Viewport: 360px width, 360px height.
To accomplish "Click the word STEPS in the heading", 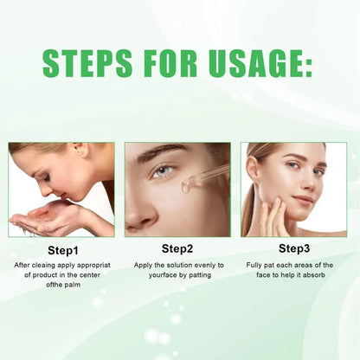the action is click(87, 63).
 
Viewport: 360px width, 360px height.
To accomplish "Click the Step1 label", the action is click(63, 250).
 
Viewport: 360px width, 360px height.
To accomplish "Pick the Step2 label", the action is click(177, 248).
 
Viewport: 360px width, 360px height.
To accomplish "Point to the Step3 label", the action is click(294, 248).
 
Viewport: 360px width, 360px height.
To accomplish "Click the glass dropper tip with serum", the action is click(186, 186).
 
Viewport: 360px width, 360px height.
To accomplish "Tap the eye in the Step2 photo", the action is click(164, 171).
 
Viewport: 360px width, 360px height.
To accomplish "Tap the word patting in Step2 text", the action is click(200, 275).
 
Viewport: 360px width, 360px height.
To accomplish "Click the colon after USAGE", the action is click(308, 67).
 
